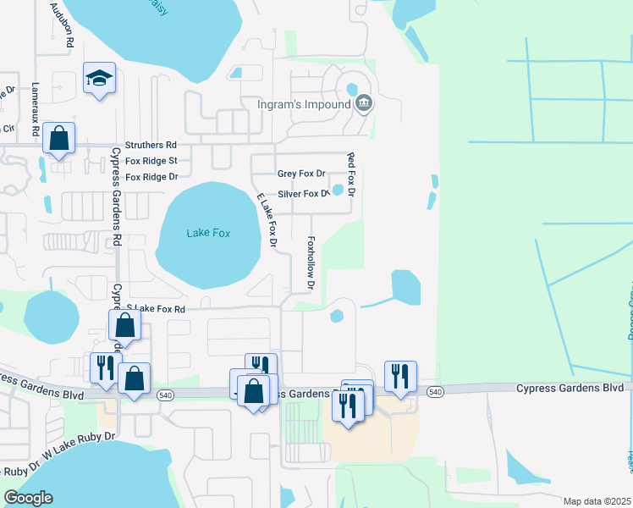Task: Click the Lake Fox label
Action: (x=208, y=233)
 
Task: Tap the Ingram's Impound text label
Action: (x=304, y=105)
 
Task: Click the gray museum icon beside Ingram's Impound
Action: (x=364, y=104)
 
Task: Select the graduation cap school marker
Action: (x=99, y=79)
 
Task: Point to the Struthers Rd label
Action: (x=151, y=146)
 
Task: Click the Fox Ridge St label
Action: (x=151, y=161)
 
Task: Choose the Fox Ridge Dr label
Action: (x=151, y=177)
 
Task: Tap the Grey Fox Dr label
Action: (x=301, y=174)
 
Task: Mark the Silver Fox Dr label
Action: (x=302, y=194)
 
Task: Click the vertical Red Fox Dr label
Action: (x=351, y=175)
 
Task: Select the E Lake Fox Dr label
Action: (x=268, y=220)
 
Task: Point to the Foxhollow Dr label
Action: (x=311, y=263)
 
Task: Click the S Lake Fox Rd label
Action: (x=156, y=310)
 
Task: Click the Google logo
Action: (x=28, y=498)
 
